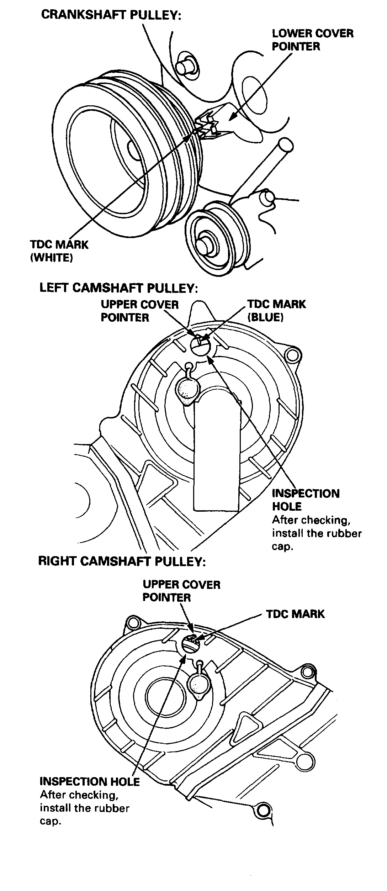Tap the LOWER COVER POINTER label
pos(312,40)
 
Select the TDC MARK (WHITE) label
pos(59,251)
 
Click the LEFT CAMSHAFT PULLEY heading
pos(118,288)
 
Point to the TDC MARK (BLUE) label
pos(276,310)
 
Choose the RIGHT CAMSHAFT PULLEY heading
pos(122,561)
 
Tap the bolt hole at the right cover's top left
pos(134,622)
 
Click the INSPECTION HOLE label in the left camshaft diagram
pos(306,500)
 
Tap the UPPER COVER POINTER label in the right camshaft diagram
pos(181,591)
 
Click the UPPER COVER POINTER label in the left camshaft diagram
pos(139,311)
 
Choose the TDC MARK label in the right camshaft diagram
pos(295,614)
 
